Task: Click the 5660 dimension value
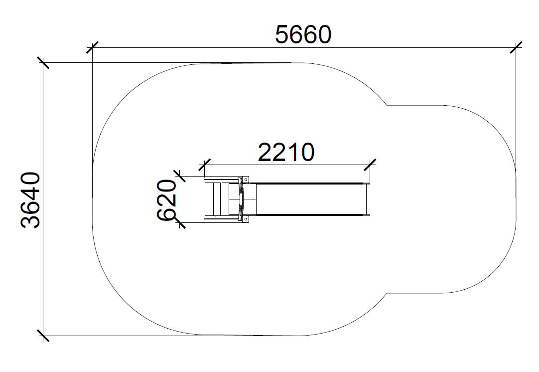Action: point(303,35)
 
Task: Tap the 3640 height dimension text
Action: point(30,200)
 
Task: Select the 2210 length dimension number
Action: point(286,153)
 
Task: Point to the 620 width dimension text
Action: point(167,199)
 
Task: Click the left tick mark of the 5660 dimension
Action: point(93,47)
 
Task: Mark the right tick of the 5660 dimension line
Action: point(516,47)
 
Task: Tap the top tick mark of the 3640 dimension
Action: point(43,63)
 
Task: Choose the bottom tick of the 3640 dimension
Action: point(43,336)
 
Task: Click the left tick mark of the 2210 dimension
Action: point(205,165)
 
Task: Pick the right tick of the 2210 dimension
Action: point(370,165)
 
